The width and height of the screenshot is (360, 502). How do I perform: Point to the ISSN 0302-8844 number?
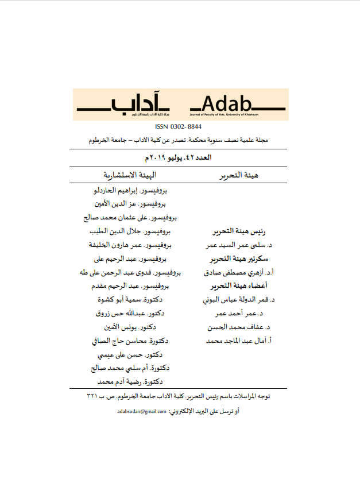point(179,126)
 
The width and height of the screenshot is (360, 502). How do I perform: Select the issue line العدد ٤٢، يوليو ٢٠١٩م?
point(180,157)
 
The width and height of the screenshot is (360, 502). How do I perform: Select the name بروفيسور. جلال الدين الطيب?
point(131,231)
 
